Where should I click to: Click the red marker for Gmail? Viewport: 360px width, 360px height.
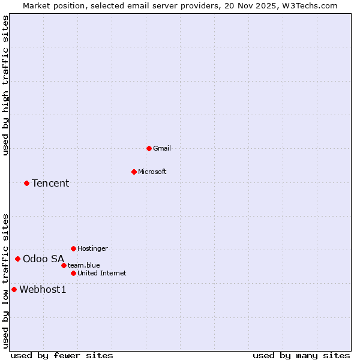149,148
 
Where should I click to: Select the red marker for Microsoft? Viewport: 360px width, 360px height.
134,172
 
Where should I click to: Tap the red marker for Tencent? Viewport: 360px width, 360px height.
26,183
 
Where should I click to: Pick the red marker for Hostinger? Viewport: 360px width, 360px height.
73,248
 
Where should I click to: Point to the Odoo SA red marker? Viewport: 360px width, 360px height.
17,259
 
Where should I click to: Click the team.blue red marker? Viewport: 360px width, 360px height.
64,265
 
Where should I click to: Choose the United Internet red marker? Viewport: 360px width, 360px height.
73,273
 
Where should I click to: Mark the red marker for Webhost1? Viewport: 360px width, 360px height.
14,289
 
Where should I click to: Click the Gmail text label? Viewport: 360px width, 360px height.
162,148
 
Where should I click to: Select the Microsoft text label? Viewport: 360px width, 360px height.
152,172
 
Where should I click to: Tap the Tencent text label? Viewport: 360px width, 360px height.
50,183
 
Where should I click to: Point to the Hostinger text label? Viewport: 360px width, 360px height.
92,248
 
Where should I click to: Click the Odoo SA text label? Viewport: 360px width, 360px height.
43,259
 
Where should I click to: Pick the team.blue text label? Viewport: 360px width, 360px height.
84,265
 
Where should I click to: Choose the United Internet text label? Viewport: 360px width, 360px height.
102,273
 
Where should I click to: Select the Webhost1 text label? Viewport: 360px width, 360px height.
43,289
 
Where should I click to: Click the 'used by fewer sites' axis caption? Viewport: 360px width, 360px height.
62,355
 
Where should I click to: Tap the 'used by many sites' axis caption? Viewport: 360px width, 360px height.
301,355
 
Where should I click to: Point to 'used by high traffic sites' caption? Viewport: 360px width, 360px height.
5,85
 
